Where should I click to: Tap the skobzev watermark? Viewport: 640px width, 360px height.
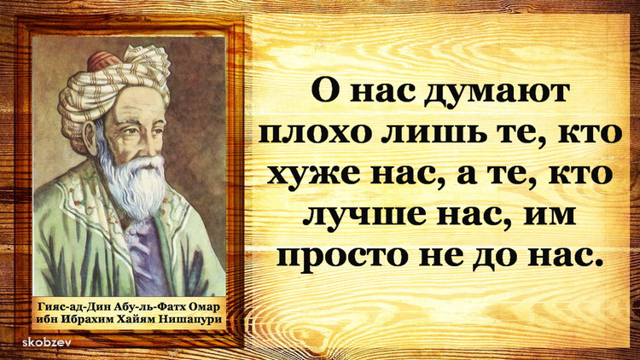click(47, 341)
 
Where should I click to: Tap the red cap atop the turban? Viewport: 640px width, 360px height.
click(103, 61)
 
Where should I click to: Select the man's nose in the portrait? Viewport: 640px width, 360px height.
click(153, 142)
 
